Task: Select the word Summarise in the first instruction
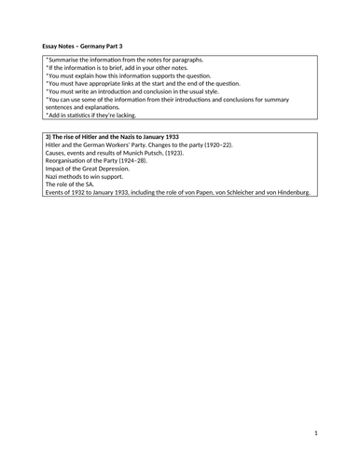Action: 64,60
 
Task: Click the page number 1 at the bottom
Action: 315,432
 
